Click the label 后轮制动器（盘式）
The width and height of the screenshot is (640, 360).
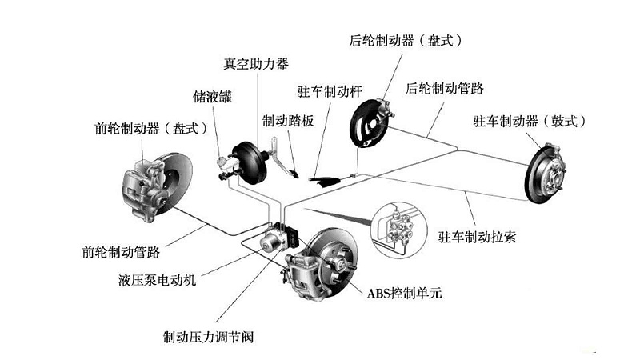click(x=407, y=39)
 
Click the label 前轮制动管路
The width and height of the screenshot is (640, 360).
click(x=121, y=251)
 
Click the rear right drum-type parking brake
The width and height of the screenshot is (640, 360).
click(x=549, y=167)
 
